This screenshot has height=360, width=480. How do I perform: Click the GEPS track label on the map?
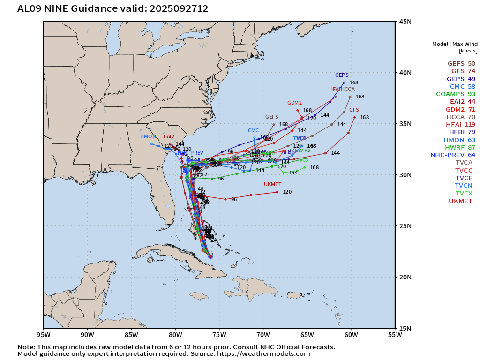tap(342, 75)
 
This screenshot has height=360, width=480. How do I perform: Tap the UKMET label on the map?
tap(272, 184)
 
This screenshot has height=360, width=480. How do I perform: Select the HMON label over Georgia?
tap(148, 136)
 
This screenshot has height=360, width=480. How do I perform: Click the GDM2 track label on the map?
tap(294, 103)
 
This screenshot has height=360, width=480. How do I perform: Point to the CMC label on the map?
tap(253, 130)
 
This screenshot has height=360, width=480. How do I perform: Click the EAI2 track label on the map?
tap(169, 136)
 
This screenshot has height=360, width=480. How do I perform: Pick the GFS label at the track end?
tap(354, 109)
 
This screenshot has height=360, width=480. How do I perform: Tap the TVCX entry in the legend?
tap(464, 193)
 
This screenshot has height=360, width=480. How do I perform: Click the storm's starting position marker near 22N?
tap(210, 256)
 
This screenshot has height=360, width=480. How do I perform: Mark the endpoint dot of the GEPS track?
tap(344, 82)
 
